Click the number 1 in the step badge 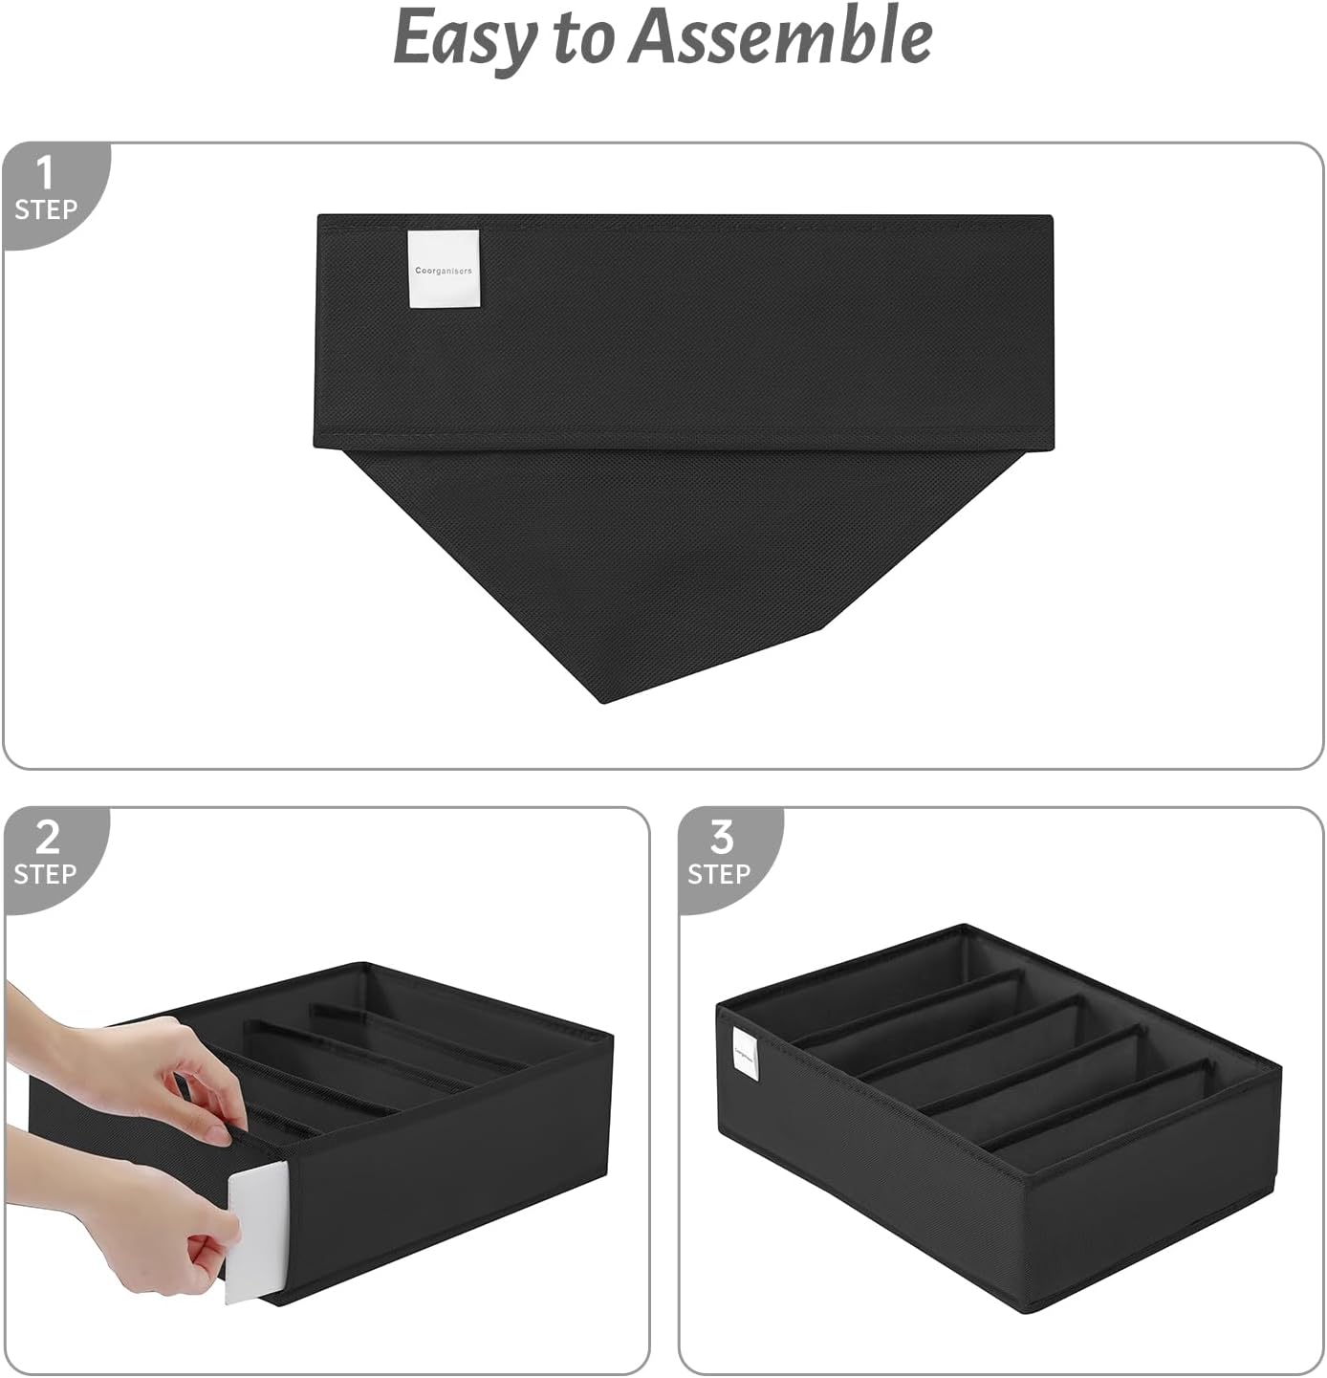coord(44,173)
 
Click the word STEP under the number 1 coord(45,209)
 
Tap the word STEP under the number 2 coord(45,874)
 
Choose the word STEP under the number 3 coord(719,874)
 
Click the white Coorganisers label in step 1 coord(443,270)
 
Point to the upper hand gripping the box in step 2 coord(143,1071)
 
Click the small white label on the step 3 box coord(746,1056)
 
